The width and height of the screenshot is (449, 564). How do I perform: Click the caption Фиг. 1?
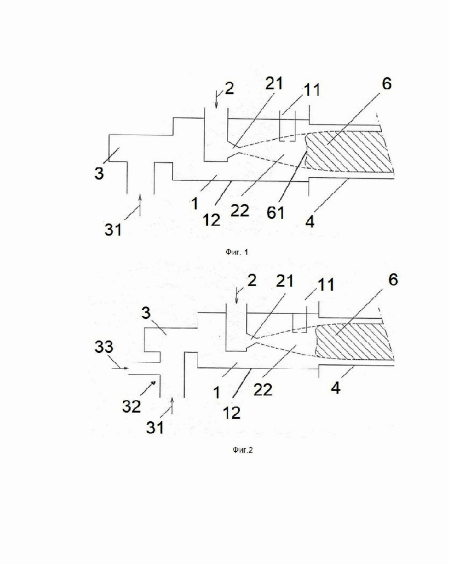(237, 252)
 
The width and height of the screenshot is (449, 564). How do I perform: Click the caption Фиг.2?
(242, 450)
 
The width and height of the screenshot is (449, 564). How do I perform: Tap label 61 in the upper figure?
(276, 212)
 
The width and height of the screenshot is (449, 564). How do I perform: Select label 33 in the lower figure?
(104, 346)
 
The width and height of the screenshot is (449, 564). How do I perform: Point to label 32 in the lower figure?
(131, 406)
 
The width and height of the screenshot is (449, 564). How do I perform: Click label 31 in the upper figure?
(113, 229)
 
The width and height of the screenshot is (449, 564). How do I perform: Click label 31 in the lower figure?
(155, 427)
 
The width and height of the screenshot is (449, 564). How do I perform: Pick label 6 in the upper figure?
(387, 83)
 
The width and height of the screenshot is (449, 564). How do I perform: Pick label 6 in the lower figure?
(393, 280)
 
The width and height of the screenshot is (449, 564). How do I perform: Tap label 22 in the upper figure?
(239, 211)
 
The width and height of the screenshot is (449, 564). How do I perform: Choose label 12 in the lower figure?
(231, 413)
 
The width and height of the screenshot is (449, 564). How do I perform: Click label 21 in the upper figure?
(274, 83)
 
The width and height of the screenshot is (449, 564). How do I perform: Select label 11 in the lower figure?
(326, 285)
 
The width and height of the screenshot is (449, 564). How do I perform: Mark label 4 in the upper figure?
(310, 222)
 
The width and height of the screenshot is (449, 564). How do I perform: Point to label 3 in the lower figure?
(146, 313)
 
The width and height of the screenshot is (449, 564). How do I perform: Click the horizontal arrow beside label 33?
(120, 368)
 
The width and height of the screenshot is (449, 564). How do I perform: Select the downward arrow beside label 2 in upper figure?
(216, 99)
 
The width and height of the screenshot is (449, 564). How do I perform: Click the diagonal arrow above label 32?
(149, 387)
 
